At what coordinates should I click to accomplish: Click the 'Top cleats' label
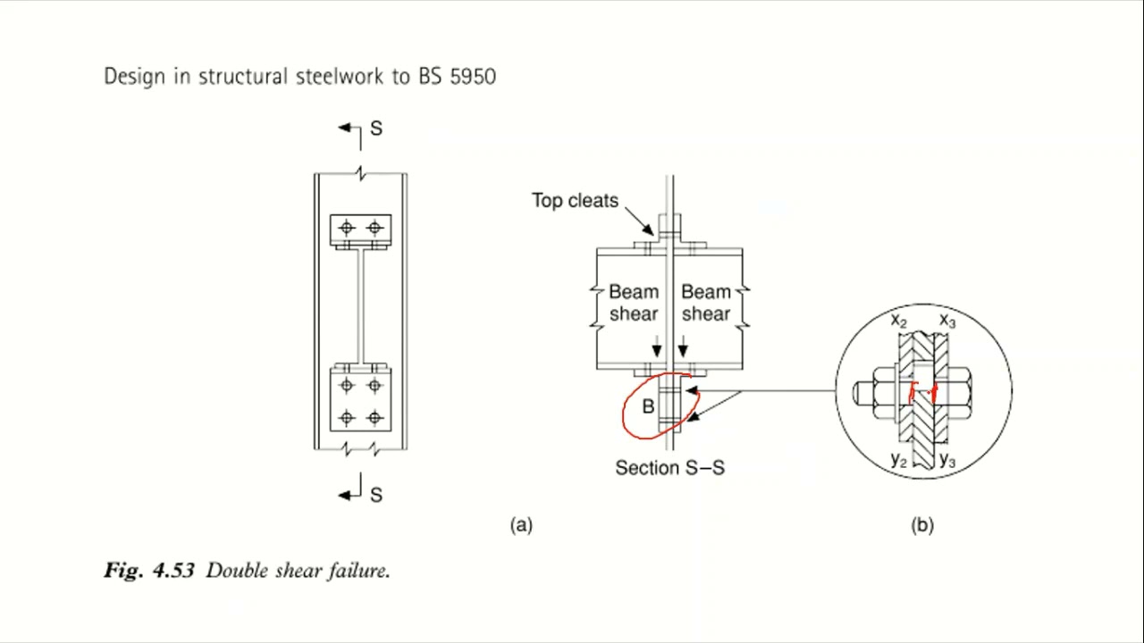pos(575,201)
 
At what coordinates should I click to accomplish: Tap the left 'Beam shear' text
pos(634,303)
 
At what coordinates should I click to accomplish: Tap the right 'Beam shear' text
pos(706,303)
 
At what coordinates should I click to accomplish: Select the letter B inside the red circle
pos(649,407)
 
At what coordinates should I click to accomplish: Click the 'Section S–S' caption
pos(669,468)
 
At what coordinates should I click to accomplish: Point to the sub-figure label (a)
pos(521,525)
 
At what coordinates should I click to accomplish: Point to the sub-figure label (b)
pos(922,525)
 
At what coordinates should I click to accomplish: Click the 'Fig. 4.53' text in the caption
pos(149,571)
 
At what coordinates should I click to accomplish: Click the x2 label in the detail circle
pos(899,321)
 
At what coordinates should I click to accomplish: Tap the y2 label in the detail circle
pos(899,460)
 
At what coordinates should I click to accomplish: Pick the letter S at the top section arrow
pos(375,129)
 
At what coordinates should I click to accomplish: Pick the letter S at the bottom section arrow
pos(375,495)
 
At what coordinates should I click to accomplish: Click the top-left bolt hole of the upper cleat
pos(347,228)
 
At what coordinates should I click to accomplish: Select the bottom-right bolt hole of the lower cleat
pos(374,417)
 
